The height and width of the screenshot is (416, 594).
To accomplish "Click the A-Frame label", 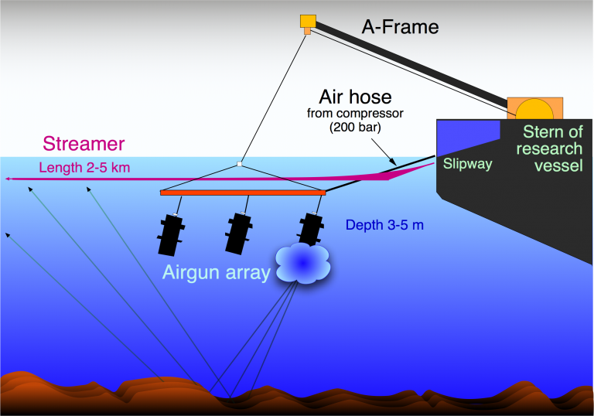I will [x=400, y=27].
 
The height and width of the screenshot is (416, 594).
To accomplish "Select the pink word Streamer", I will [x=84, y=143].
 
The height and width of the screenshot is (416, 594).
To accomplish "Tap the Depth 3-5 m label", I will [x=384, y=225].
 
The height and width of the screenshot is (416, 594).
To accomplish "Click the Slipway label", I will [x=467, y=164].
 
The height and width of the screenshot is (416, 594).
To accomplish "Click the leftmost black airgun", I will [x=171, y=234].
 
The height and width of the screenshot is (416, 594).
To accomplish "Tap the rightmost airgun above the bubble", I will [x=310, y=229].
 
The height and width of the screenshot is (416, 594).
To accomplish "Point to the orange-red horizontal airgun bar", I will [x=243, y=192].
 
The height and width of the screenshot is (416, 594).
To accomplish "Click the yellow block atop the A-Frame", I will [x=308, y=22].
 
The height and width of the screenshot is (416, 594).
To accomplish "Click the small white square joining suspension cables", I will [x=240, y=164].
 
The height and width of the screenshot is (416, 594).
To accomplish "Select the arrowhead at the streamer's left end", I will [x=7, y=179].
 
